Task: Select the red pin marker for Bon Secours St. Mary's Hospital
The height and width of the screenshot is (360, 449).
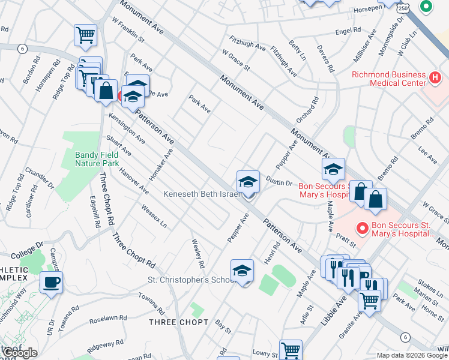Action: [361, 228]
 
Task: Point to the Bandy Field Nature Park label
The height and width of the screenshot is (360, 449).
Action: [97, 159]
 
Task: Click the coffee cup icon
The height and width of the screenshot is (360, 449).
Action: [51, 282]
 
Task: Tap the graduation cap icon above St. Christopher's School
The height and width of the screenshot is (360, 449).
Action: [242, 271]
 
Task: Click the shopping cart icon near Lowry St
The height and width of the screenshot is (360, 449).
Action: [291, 350]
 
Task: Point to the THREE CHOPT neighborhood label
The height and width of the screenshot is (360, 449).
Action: [179, 322]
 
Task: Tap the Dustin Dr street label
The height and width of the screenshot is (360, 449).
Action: [279, 182]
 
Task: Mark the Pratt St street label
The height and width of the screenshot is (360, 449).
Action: [346, 241]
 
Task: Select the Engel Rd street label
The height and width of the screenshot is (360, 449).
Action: [348, 31]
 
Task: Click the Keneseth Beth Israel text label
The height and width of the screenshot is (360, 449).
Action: [202, 194]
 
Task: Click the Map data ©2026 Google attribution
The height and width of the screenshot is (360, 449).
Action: [412, 355]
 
